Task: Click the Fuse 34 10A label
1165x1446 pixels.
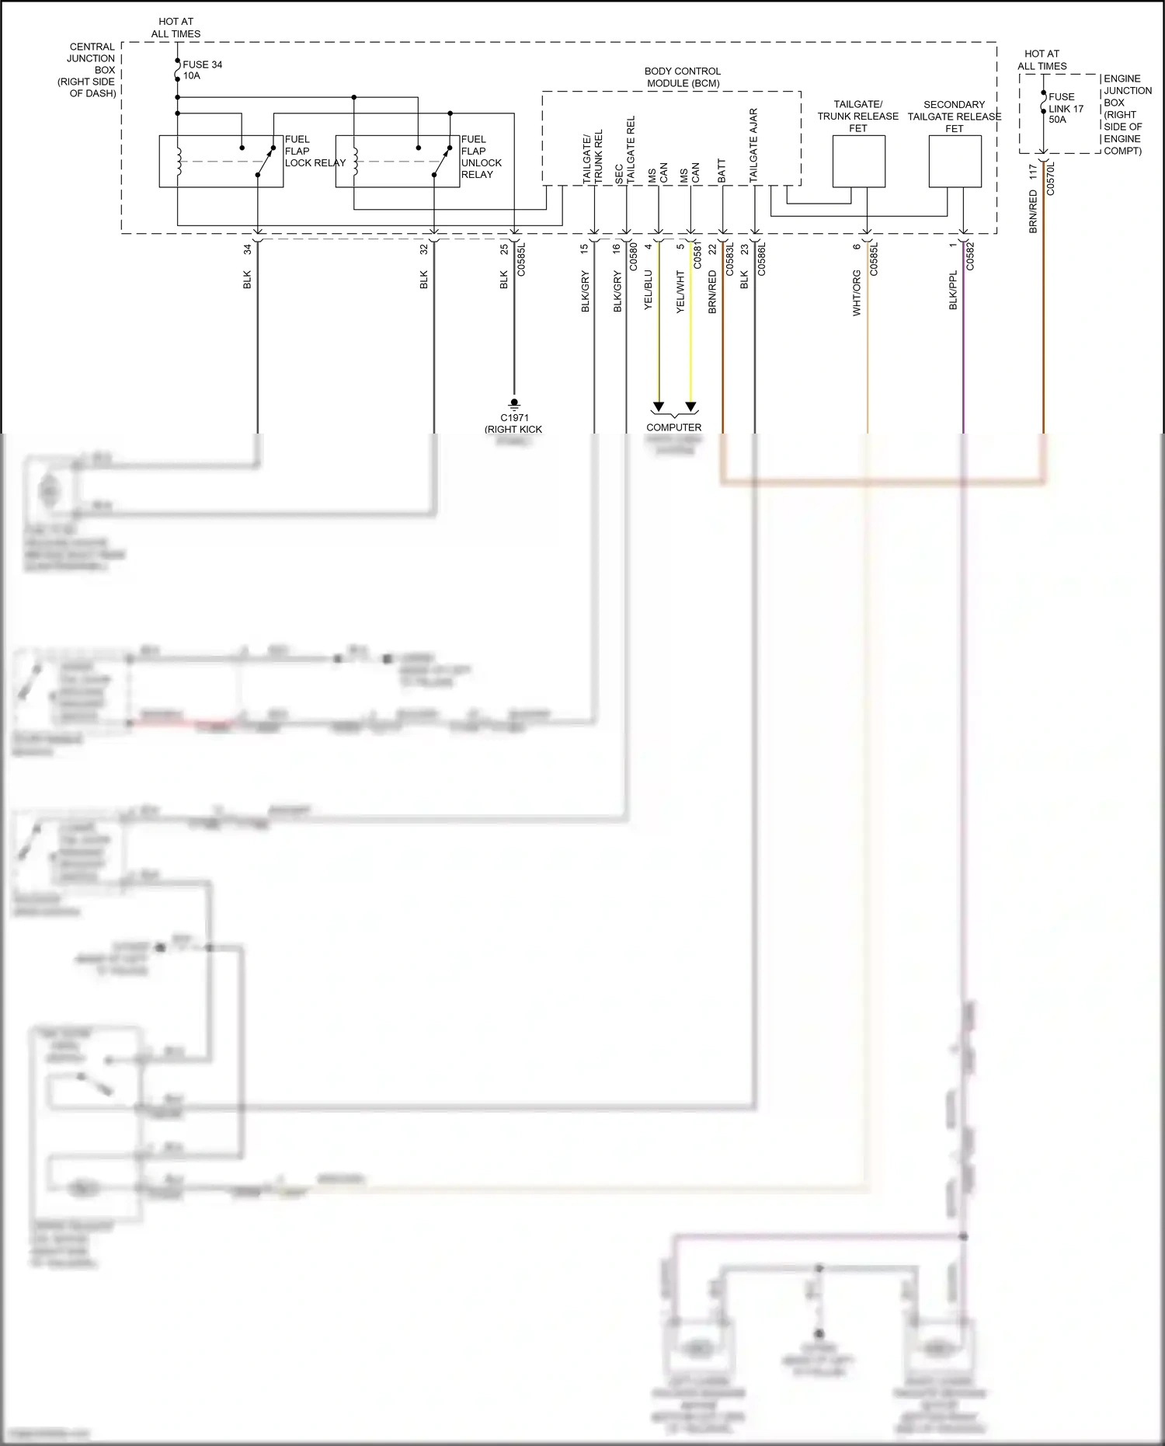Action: pos(202,70)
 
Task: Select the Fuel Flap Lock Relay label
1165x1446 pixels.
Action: pos(315,152)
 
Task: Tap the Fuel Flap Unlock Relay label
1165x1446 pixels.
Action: pos(481,157)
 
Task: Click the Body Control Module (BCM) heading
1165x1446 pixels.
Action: pos(682,77)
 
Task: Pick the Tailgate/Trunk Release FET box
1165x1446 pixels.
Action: pos(858,162)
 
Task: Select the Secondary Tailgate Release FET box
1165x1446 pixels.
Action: pos(955,162)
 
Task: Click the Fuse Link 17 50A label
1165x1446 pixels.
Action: pos(1065,108)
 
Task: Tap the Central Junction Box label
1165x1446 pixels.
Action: pos(87,70)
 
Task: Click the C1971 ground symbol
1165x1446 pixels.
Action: pos(513,403)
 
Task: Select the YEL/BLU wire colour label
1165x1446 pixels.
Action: pos(649,291)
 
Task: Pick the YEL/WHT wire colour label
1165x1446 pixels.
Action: pos(680,291)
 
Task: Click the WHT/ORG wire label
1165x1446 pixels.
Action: pos(857,293)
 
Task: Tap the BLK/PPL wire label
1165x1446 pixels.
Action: pos(953,291)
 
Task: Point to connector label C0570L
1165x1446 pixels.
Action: pos(1051,178)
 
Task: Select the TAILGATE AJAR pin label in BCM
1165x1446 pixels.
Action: pos(753,146)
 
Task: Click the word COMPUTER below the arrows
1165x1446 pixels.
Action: pos(673,427)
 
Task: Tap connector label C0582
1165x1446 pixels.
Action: pos(970,256)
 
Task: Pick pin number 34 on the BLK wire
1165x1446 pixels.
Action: pos(248,249)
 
